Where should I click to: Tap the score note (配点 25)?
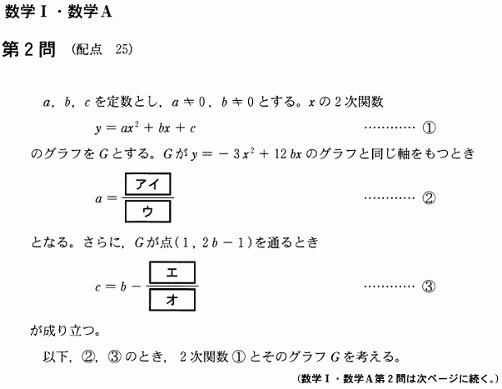[x=102, y=50]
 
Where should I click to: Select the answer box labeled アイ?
[x=146, y=183]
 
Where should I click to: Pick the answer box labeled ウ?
[x=146, y=212]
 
